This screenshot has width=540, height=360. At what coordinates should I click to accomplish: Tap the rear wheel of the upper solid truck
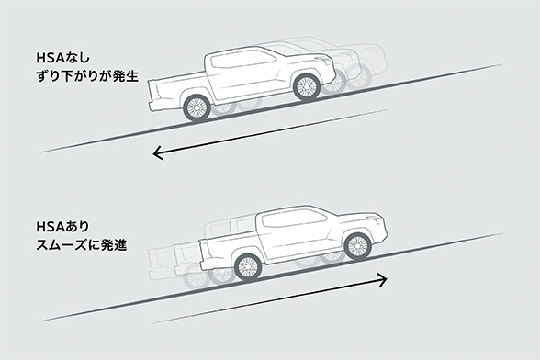[x=197, y=107]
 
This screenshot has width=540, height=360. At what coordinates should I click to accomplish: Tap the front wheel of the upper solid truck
[x=306, y=86]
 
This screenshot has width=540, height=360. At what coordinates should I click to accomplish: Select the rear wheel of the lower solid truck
[x=245, y=267]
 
